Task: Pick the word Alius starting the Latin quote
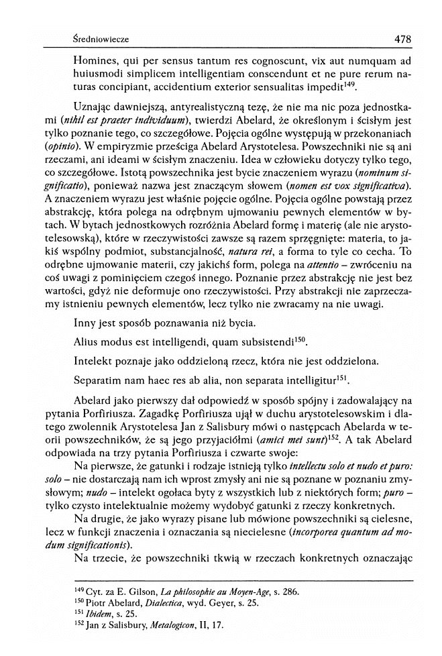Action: click(86, 342)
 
